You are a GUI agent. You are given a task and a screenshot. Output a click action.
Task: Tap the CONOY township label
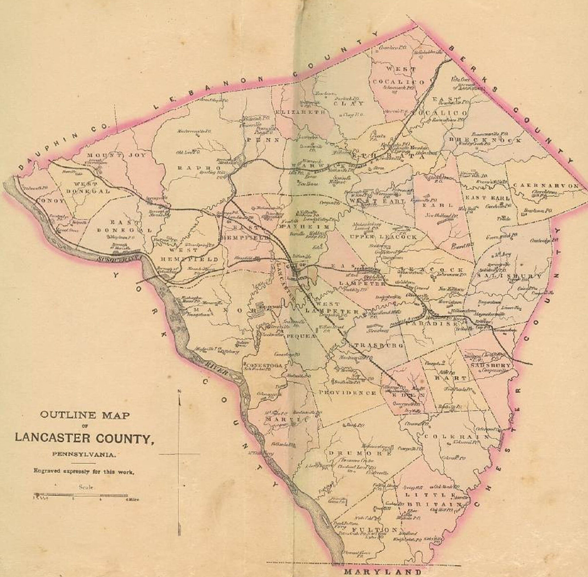point(50,201)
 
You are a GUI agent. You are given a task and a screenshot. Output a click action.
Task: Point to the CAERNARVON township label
point(546,186)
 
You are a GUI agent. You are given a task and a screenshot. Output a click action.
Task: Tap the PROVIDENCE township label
point(347,393)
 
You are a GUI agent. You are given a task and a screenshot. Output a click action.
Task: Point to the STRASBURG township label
point(376,345)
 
